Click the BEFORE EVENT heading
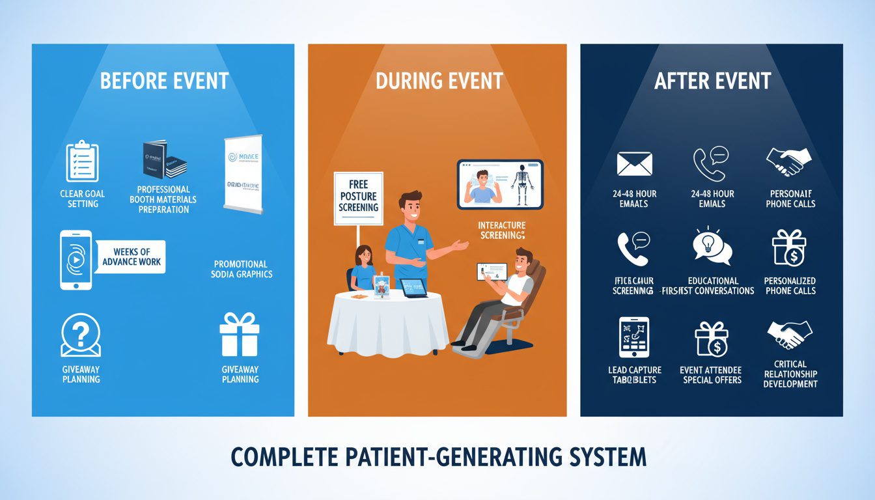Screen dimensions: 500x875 point(164,81)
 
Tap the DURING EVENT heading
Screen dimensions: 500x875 point(439,81)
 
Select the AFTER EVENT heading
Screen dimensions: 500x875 point(712,81)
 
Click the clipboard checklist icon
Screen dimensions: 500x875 point(83,161)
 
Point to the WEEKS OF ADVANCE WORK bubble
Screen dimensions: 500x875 point(131,257)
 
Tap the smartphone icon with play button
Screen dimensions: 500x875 point(75,259)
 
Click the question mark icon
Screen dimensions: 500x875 point(81,336)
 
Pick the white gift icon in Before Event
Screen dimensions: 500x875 point(240,335)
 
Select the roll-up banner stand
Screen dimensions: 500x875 point(242,174)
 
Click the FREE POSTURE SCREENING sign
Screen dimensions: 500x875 point(358,197)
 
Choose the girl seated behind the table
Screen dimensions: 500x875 point(363,268)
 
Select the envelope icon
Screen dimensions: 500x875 point(634,163)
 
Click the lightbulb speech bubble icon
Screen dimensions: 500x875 point(713,247)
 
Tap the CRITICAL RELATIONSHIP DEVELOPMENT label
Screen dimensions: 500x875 point(790,374)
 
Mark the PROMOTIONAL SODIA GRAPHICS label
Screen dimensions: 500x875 point(242,269)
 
